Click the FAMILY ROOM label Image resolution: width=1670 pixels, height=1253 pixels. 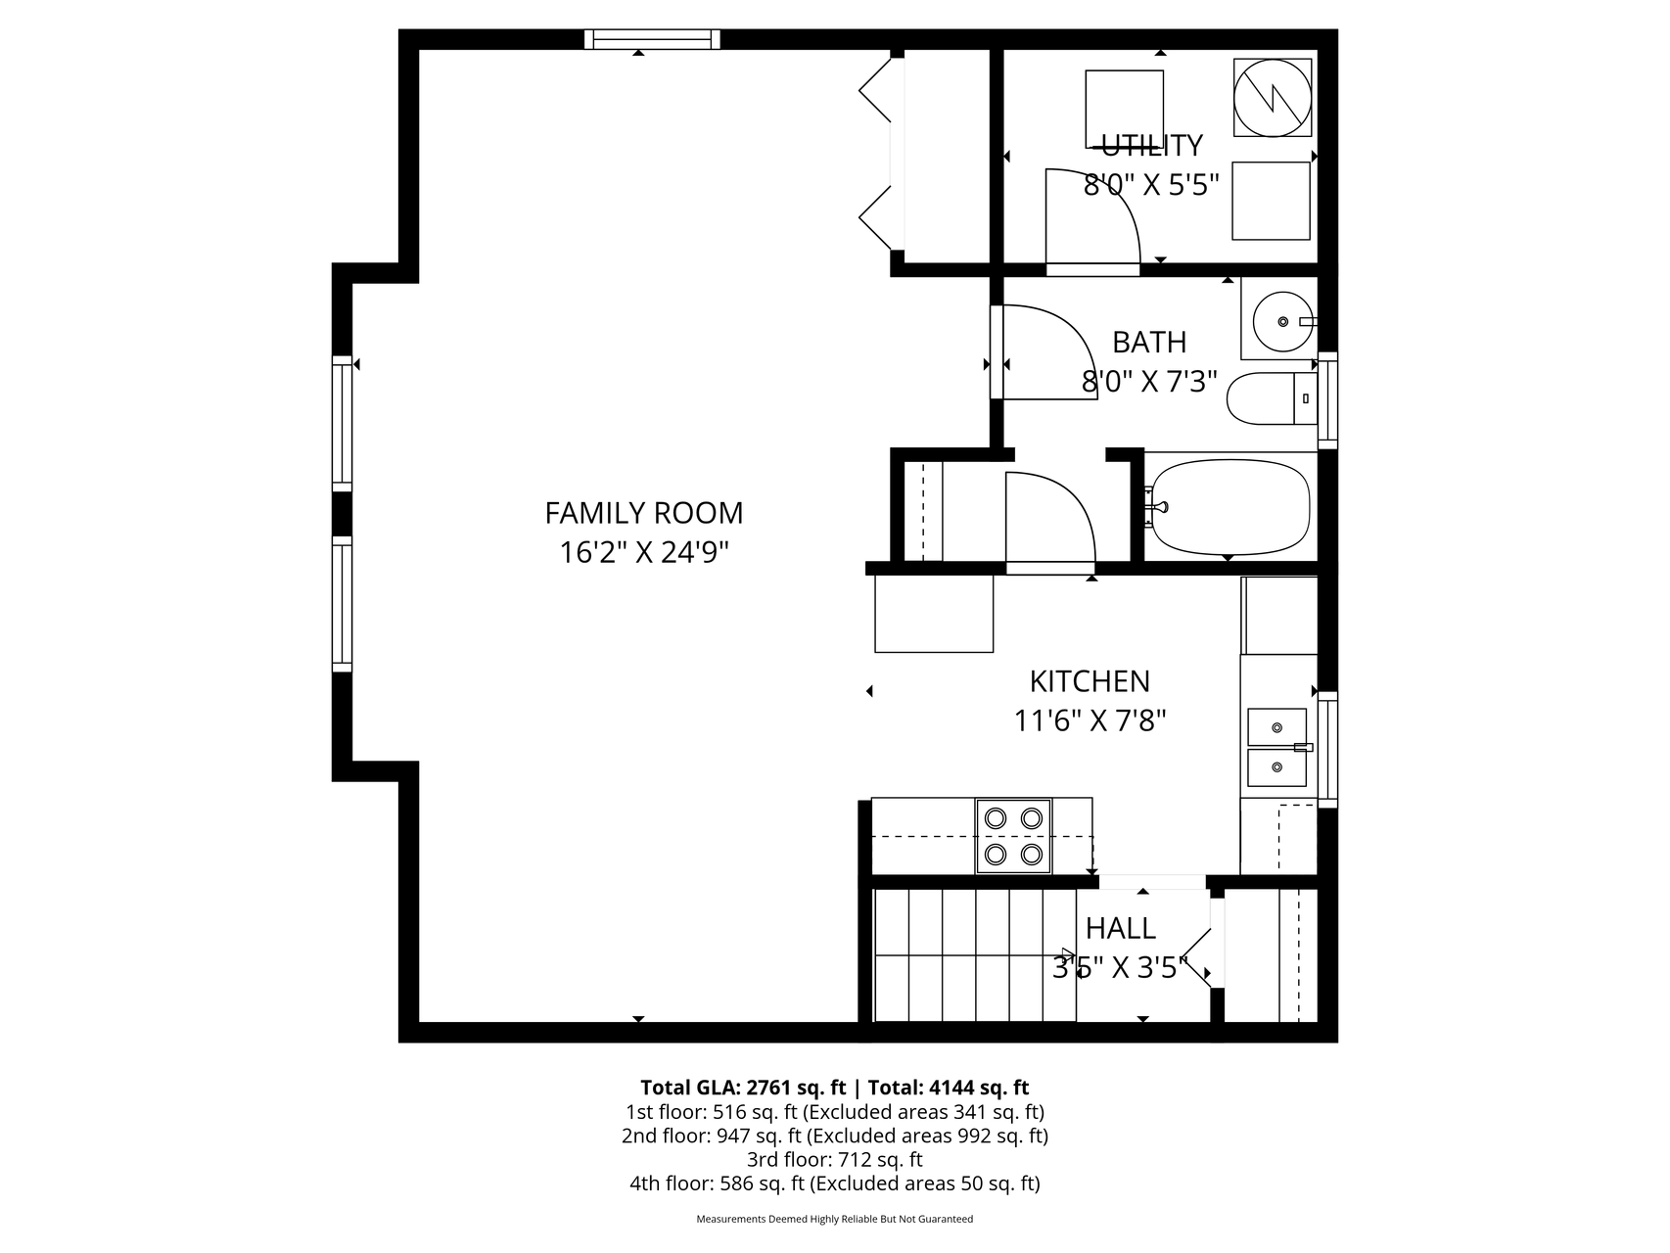pos(643,513)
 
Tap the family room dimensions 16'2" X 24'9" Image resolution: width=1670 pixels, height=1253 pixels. pos(644,553)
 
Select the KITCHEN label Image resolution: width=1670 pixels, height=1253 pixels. pos(1090,681)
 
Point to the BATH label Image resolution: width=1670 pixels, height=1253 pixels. pos(1149,343)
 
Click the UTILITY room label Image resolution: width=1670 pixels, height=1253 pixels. pos(1152,145)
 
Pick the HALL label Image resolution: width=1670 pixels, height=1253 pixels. pos(1121,928)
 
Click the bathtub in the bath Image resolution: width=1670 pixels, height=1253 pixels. pos(1229,507)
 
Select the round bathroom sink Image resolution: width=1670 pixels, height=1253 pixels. pos(1282,321)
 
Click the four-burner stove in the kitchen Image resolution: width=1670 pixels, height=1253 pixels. pos(1013,836)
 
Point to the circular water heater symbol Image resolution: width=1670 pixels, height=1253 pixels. pos(1272,96)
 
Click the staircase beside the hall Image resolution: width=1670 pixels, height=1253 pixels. pos(974,954)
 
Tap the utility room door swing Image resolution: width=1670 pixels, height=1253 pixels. pos(1092,216)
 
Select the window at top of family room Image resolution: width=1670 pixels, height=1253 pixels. pos(652,39)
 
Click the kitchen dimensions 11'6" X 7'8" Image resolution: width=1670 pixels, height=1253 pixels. pos(1090,721)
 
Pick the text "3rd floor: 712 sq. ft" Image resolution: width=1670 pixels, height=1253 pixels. pos(835,1160)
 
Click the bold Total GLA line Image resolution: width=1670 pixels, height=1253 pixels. pos(835,1088)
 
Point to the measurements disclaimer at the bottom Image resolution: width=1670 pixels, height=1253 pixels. pos(835,1219)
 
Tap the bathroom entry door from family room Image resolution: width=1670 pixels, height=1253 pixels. pos(1044,352)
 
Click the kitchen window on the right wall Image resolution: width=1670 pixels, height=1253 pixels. pos(1327,750)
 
